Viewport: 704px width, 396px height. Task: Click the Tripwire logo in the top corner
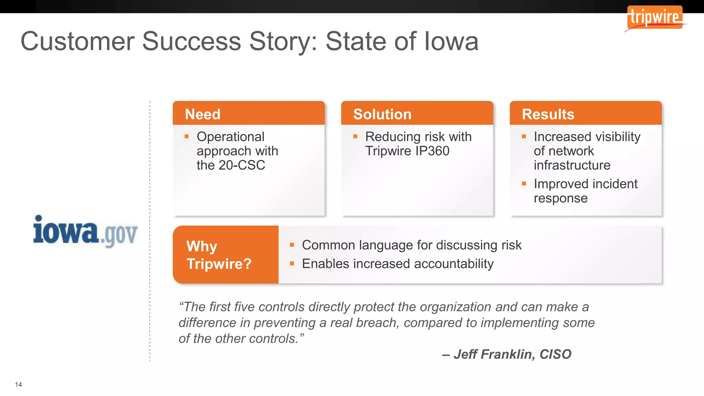click(x=655, y=17)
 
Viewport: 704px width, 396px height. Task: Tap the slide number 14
click(x=19, y=385)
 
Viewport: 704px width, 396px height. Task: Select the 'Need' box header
click(x=203, y=114)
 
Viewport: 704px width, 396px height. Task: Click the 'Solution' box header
click(x=382, y=114)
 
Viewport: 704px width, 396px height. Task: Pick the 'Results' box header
click(x=548, y=114)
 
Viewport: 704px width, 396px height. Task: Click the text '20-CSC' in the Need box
click(x=242, y=165)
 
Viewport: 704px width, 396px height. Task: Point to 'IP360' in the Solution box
click(x=432, y=151)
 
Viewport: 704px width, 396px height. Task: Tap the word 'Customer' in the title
click(x=78, y=41)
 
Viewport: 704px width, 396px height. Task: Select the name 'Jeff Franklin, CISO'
click(x=512, y=354)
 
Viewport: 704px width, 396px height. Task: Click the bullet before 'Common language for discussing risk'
click(x=292, y=245)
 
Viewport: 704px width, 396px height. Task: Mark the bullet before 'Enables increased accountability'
click(x=292, y=264)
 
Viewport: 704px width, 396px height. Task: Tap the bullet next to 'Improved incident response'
click(x=524, y=184)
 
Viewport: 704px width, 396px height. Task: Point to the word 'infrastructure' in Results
click(x=572, y=165)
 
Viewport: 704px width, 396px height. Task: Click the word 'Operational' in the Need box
click(x=230, y=137)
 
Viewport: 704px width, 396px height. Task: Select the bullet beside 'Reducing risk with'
click(x=355, y=137)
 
